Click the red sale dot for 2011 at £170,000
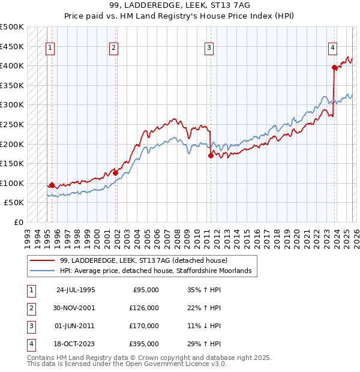point(211,155)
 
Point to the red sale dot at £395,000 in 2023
point(334,68)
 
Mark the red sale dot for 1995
point(52,185)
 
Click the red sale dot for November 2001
point(116,173)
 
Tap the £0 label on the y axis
point(19,222)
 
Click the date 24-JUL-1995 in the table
point(76,290)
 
